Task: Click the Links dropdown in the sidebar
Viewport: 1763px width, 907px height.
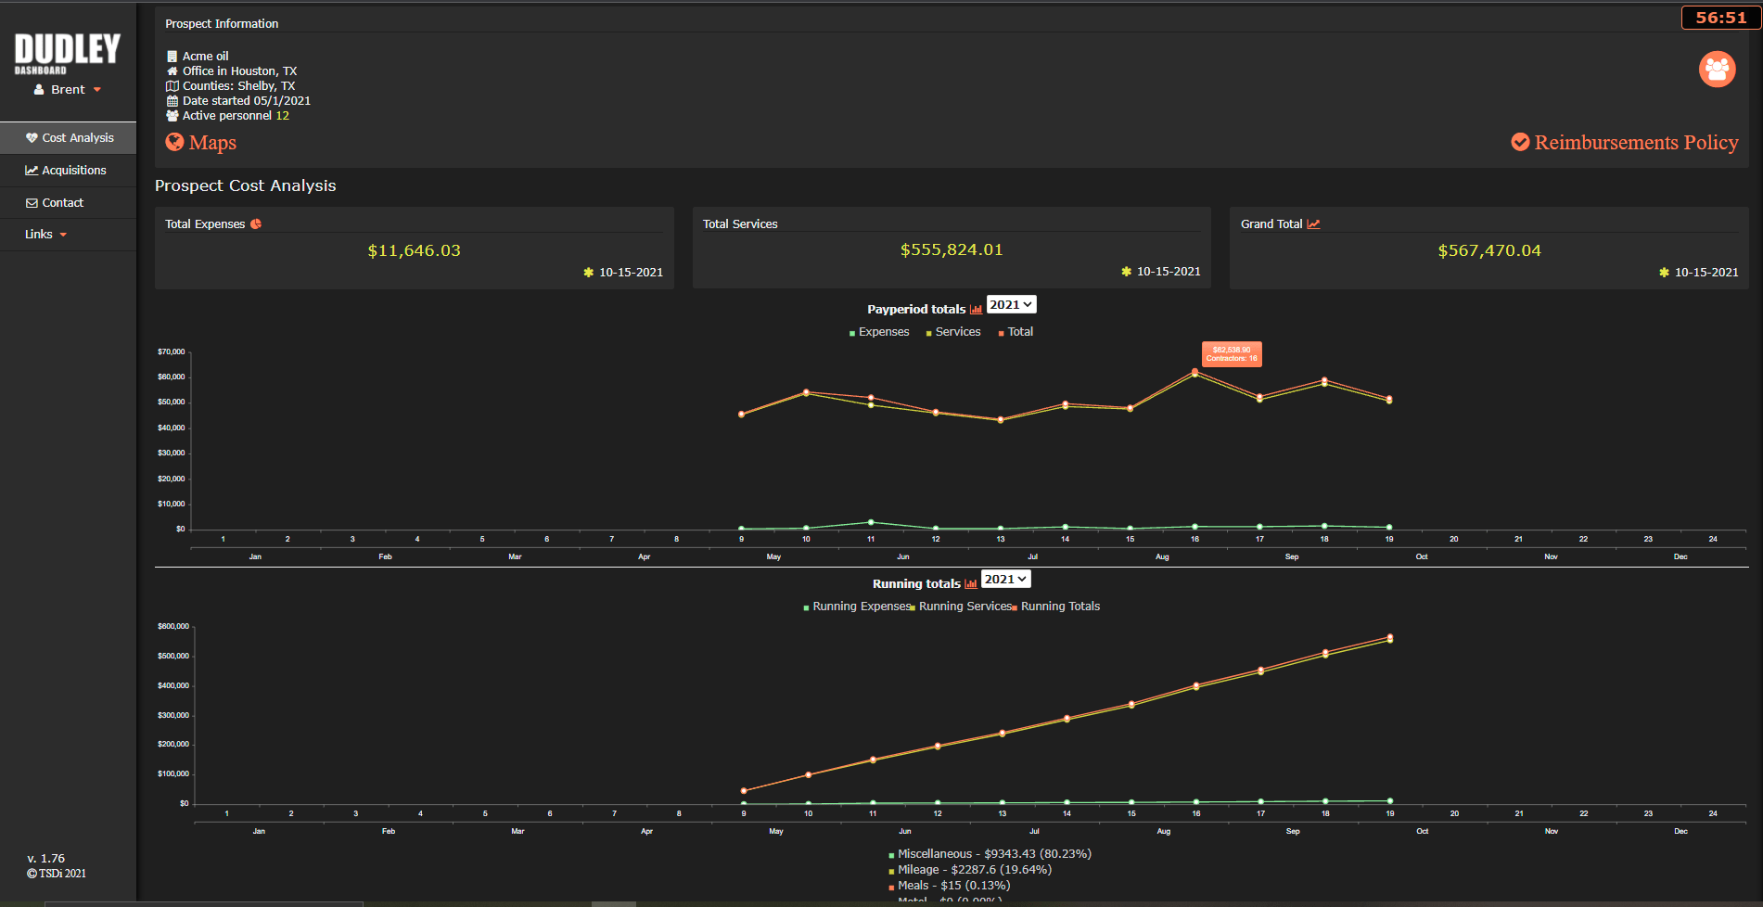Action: click(45, 235)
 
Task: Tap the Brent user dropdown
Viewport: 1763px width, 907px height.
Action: click(68, 90)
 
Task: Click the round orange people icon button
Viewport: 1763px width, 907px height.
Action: click(1717, 69)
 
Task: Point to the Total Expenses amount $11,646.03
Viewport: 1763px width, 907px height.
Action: click(414, 250)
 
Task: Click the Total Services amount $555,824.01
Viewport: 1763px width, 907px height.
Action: click(952, 249)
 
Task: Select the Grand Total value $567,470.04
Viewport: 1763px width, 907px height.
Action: click(1488, 250)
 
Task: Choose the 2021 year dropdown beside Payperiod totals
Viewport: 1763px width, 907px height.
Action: click(1011, 305)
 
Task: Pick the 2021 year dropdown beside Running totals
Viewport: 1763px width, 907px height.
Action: click(1005, 580)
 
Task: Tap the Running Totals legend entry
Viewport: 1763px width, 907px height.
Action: click(1059, 607)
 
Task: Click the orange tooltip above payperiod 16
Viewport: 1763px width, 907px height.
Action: click(1232, 354)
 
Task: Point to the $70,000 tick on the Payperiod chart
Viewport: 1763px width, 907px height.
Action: click(172, 352)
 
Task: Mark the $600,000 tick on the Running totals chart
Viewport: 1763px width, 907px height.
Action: click(173, 627)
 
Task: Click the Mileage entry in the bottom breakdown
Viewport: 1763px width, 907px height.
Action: click(974, 870)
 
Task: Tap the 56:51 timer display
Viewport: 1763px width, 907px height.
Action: click(1720, 18)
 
